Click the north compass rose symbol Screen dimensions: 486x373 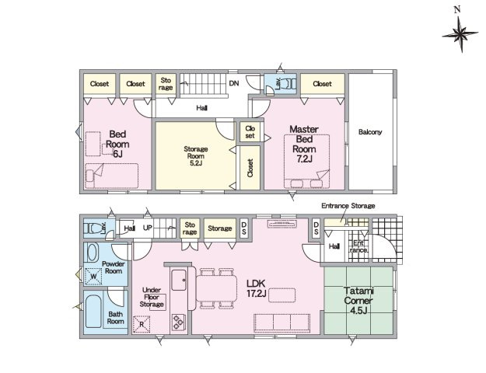click(460, 33)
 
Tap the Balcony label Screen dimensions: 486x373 click(370, 132)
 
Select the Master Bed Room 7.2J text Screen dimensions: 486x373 click(304, 144)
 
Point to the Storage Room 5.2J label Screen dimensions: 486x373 click(196, 156)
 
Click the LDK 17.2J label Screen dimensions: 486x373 click(257, 288)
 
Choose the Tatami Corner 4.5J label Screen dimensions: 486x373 click(358, 301)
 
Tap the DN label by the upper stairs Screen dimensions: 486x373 click(234, 83)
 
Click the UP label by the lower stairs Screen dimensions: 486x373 click(148, 228)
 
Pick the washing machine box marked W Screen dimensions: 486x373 click(93, 276)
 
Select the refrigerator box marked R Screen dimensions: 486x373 click(142, 324)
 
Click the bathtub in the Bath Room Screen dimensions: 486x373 click(93, 312)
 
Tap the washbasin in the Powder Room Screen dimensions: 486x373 click(93, 253)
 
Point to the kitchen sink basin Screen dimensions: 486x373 click(179, 280)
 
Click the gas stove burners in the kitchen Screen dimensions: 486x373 click(178, 322)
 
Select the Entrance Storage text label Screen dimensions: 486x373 click(348, 206)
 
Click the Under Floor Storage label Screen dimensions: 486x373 click(152, 298)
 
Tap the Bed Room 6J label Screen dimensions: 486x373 click(117, 144)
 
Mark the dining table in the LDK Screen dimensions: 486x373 click(216, 288)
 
